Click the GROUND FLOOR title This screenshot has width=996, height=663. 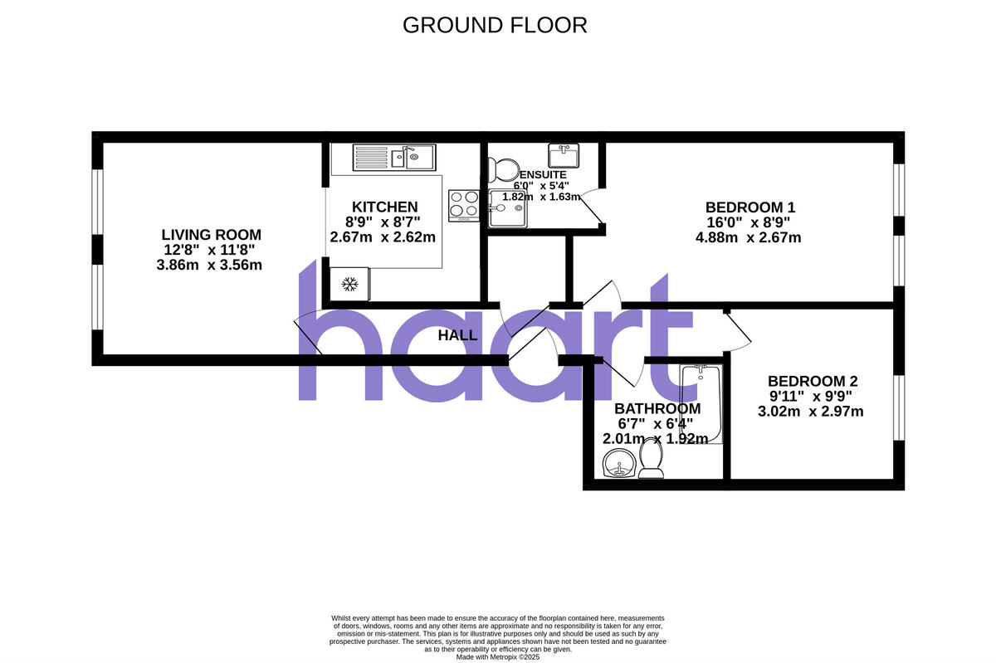pos(495,25)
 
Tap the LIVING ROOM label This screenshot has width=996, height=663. pos(211,235)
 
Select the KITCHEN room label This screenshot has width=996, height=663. pos(384,207)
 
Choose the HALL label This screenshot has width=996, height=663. pos(457,336)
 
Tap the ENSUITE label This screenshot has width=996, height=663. pos(543,175)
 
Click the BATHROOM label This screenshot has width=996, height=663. pos(657,408)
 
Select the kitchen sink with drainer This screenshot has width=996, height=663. pos(393,156)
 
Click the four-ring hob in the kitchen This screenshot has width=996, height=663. pos(464,205)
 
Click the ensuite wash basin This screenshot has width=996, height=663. pos(564,154)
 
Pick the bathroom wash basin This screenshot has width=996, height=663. pos(618,465)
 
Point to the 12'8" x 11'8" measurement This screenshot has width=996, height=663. pos(211,251)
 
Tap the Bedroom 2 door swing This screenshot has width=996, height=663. pos(738,327)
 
